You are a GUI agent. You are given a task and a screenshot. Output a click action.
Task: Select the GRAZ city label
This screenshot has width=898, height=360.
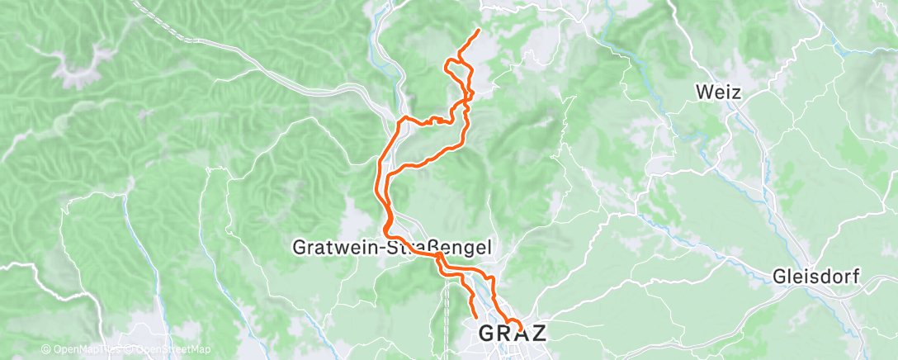pyautogui.click(x=513, y=333)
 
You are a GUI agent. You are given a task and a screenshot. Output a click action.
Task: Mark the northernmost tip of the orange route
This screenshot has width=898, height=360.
pyautogui.click(x=479, y=30)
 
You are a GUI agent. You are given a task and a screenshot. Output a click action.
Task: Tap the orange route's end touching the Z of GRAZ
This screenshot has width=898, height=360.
pyautogui.click(x=520, y=324)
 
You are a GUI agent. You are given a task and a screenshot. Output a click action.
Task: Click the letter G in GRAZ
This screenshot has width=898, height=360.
pyautogui.click(x=486, y=333)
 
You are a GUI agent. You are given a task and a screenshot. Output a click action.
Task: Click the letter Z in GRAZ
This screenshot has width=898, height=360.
pyautogui.click(x=537, y=333)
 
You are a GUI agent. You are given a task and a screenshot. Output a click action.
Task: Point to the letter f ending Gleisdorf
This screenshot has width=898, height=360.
pyautogui.click(x=856, y=277)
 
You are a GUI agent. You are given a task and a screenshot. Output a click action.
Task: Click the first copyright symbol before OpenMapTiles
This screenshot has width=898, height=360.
pyautogui.click(x=45, y=350)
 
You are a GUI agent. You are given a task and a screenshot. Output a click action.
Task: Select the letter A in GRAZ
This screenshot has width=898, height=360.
pyautogui.click(x=521, y=333)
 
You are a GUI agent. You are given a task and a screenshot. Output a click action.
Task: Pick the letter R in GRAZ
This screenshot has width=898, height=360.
pyautogui.click(x=503, y=333)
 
